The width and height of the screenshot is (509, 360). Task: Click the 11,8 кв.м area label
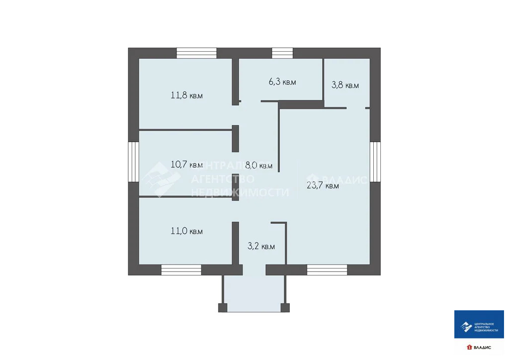[187, 95]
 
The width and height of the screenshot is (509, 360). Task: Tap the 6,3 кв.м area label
[282, 82]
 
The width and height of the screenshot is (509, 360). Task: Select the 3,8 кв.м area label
[345, 85]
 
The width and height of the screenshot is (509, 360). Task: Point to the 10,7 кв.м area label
[186, 165]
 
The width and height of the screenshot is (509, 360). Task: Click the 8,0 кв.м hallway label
[259, 165]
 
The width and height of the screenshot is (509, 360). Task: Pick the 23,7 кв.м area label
[323, 186]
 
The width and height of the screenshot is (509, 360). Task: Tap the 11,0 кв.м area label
[186, 231]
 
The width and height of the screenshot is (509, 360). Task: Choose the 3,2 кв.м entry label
[261, 246]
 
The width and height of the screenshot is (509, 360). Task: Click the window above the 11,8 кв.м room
[196, 53]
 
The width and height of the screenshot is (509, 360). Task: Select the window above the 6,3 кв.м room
[282, 53]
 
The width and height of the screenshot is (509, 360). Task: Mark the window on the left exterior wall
[133, 162]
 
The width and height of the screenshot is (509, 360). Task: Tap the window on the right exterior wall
[375, 162]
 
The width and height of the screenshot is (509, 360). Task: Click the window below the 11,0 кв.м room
[181, 270]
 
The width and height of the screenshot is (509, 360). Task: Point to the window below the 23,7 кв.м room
[327, 270]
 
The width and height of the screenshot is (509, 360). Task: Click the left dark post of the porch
[222, 307]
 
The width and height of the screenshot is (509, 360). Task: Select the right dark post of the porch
[285, 307]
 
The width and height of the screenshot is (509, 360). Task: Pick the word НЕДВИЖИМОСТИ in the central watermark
[240, 192]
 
